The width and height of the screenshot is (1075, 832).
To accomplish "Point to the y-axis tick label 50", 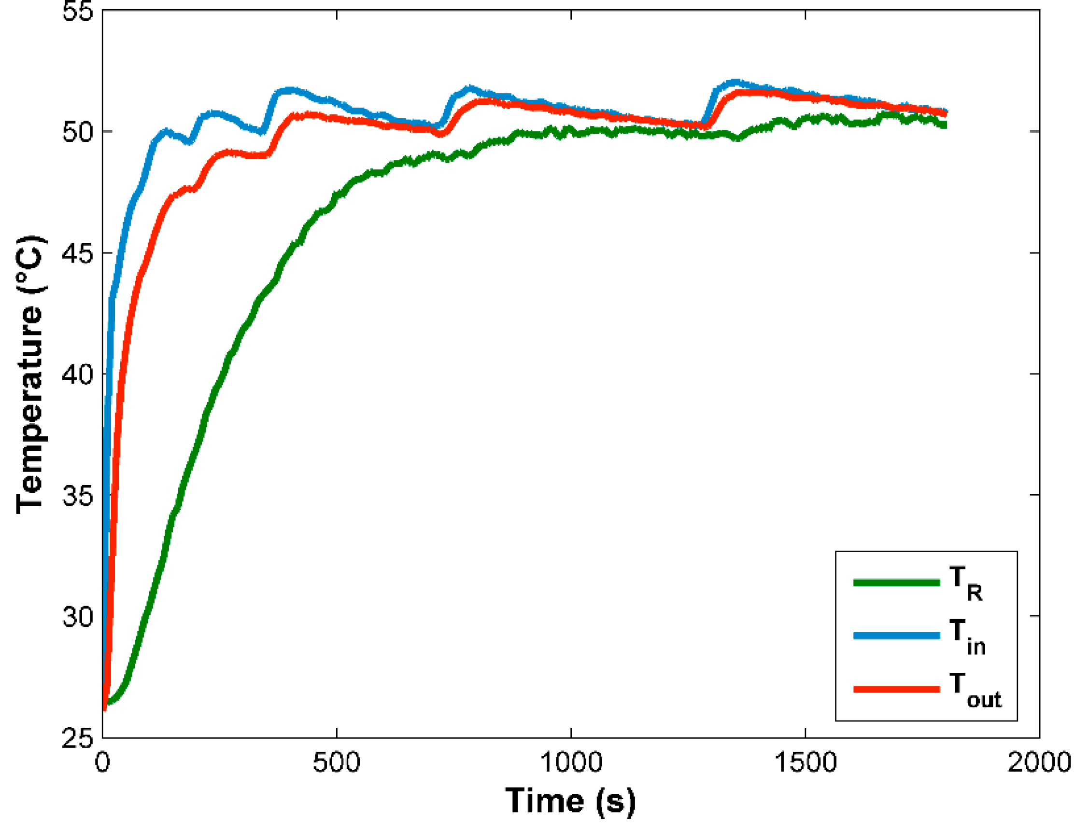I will click(x=77, y=132).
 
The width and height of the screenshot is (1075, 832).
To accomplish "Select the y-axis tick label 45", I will click(x=77, y=254).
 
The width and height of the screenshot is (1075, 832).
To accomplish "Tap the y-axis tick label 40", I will click(x=77, y=375).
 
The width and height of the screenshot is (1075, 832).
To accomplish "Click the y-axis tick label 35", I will click(x=77, y=496).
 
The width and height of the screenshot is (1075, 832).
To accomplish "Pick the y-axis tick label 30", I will click(x=77, y=616).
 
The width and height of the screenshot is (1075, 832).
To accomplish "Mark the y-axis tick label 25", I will click(x=77, y=738).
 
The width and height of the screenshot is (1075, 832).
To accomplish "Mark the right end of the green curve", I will click(x=945, y=125).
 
